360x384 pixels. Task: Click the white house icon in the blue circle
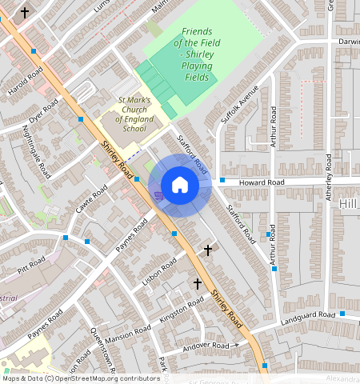click(x=181, y=186)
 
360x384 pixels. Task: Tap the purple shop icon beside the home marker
click(x=158, y=194)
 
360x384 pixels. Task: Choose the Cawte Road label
click(x=92, y=202)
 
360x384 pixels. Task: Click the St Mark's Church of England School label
click(x=133, y=114)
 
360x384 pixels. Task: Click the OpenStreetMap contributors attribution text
click(x=80, y=378)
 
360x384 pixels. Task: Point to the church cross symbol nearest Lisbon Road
click(x=208, y=250)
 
